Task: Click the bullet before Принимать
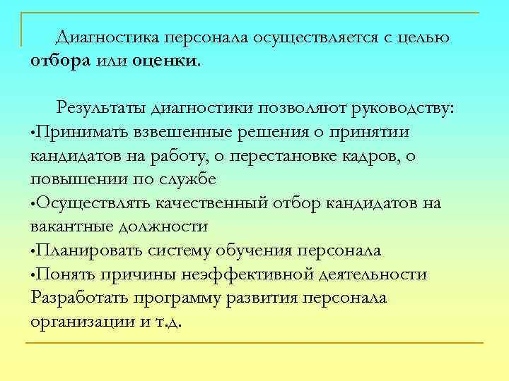click(33, 133)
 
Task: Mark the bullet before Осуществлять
click(33, 205)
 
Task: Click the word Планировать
click(90, 250)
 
